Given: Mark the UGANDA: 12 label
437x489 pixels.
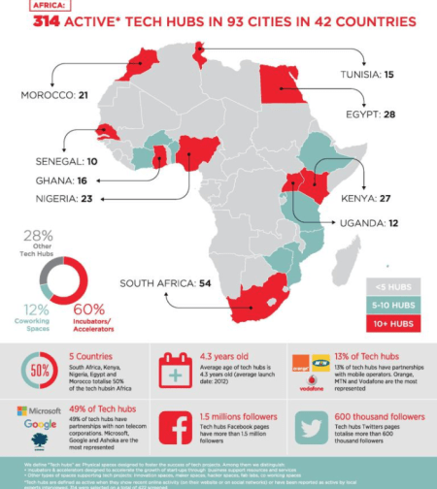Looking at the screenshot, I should click(370, 223).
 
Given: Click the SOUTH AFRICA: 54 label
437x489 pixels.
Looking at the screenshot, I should click(170, 283).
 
